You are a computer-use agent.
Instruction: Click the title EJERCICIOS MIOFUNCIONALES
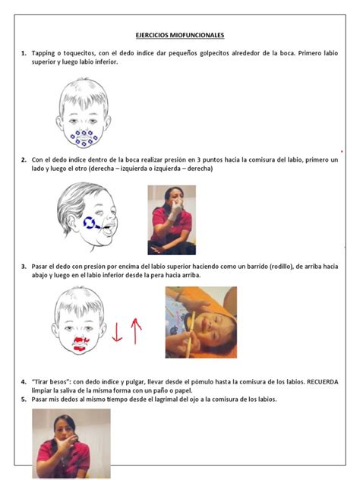180,35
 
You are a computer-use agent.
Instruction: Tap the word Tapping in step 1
43,53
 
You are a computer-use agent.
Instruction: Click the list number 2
24,159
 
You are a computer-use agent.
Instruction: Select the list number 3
24,267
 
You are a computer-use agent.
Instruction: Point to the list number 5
24,399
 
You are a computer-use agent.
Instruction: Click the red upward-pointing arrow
136,331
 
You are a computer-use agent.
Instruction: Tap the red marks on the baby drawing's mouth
81,344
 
